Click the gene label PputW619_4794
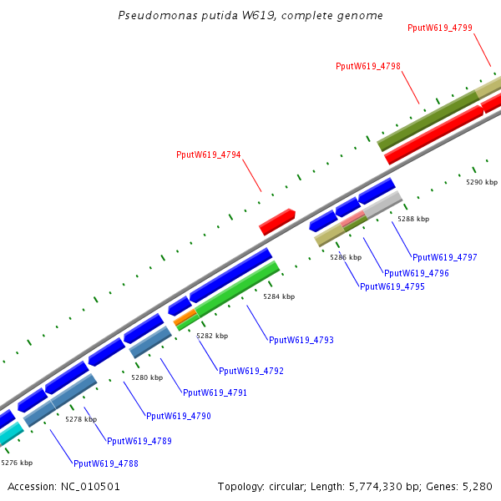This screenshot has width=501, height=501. (208, 154)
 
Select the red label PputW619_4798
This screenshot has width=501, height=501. (367, 66)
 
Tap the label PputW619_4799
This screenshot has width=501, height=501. (440, 28)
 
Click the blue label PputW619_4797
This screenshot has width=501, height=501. (445, 257)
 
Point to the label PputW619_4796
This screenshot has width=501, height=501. (417, 273)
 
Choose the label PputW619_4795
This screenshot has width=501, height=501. (392, 287)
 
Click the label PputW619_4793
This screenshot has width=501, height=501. (301, 341)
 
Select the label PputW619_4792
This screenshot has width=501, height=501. (251, 371)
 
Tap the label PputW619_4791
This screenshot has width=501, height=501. (215, 392)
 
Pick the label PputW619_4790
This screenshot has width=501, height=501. (179, 416)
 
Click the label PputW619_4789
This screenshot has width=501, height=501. (139, 441)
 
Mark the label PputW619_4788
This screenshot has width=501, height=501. (106, 463)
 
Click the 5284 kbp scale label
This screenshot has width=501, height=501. (279, 296)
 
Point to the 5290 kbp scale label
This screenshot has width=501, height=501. (482, 182)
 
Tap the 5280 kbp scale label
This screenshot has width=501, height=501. (147, 377)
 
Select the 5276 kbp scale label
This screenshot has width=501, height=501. (17, 462)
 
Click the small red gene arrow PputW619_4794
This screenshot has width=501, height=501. (277, 221)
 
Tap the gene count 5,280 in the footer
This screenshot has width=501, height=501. (477, 486)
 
